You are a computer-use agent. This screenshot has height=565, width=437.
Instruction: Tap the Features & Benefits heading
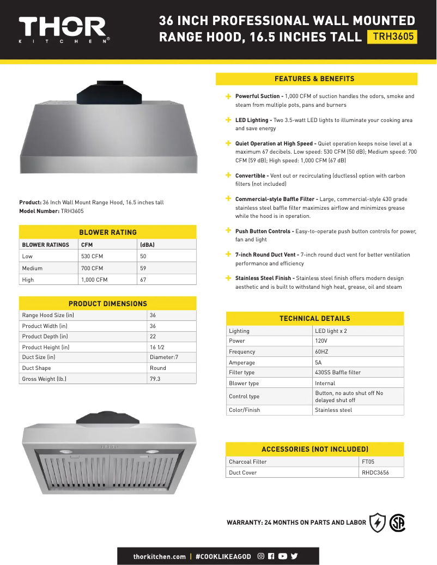pyautogui.click(x=314, y=79)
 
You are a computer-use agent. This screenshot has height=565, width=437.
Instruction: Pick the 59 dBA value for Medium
pyautogui.click(x=143, y=268)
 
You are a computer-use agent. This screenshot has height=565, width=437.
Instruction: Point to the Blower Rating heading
pyautogui.click(x=108, y=232)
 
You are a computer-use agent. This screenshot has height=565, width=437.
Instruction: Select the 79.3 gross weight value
pyautogui.click(x=155, y=379)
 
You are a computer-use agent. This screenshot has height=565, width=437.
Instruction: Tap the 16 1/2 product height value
pyautogui.click(x=157, y=347)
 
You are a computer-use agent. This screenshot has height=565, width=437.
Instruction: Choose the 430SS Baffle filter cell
pyautogui.click(x=338, y=373)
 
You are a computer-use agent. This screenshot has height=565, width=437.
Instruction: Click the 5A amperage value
pyautogui.click(x=318, y=362)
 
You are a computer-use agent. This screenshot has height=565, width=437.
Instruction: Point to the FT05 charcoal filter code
pyautogui.click(x=368, y=461)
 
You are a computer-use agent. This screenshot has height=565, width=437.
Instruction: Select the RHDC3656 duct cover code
pyautogui.click(x=375, y=472)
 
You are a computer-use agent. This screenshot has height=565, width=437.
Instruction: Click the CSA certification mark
pyautogui.click(x=397, y=523)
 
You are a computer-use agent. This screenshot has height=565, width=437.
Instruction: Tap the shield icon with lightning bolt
pyautogui.click(x=378, y=523)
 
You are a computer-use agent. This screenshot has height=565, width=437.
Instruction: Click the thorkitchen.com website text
pyautogui.click(x=160, y=556)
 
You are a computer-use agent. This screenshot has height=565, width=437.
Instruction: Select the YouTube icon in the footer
pyautogui.click(x=282, y=556)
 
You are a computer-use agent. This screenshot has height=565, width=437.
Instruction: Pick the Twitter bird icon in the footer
pyautogui.click(x=294, y=556)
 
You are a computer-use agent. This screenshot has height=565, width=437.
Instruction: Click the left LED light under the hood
pyautogui.click(x=66, y=452)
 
